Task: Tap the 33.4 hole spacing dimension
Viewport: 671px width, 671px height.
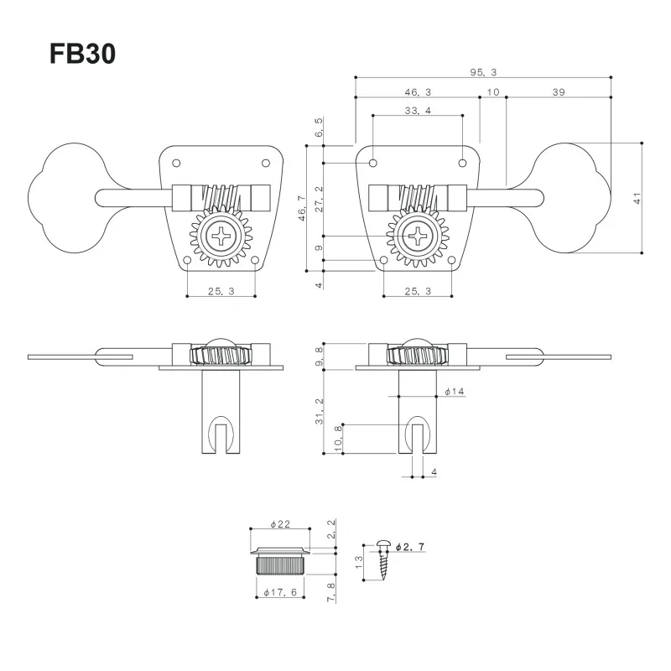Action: [x=418, y=110]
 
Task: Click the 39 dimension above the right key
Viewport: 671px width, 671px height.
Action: [x=558, y=91]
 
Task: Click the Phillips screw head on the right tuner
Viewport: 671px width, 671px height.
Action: [x=417, y=237]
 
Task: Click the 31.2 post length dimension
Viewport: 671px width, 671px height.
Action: [x=319, y=411]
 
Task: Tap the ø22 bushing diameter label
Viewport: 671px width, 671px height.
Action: [x=280, y=524]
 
